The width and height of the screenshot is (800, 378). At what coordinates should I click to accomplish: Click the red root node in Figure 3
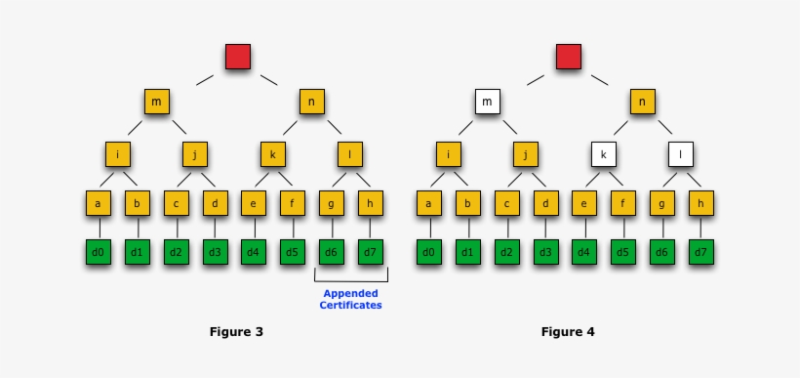237,56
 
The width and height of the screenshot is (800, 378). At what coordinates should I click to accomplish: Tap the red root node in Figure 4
569,56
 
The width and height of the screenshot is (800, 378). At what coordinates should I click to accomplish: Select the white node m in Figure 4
487,103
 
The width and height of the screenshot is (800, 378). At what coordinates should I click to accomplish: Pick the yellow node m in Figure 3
156,103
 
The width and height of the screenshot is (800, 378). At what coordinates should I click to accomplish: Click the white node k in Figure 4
603,154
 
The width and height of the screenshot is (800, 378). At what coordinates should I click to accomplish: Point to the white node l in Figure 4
681,154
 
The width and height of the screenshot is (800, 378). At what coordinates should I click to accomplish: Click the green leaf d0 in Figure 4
429,252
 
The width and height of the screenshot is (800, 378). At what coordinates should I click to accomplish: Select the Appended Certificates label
350,299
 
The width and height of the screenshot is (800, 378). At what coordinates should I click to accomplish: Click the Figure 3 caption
236,331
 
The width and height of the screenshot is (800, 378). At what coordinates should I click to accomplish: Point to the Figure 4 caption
568,331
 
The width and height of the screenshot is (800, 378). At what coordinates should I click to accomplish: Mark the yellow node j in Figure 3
195,154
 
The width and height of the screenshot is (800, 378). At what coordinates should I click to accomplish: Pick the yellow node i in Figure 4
448,154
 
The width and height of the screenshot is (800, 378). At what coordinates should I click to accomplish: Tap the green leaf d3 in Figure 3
215,252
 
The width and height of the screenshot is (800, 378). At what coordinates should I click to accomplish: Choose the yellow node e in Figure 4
584,203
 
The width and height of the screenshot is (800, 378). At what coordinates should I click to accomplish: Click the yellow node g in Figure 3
332,203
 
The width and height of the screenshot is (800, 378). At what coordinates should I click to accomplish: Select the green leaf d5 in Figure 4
623,252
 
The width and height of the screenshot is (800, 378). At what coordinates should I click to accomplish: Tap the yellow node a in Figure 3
98,203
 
